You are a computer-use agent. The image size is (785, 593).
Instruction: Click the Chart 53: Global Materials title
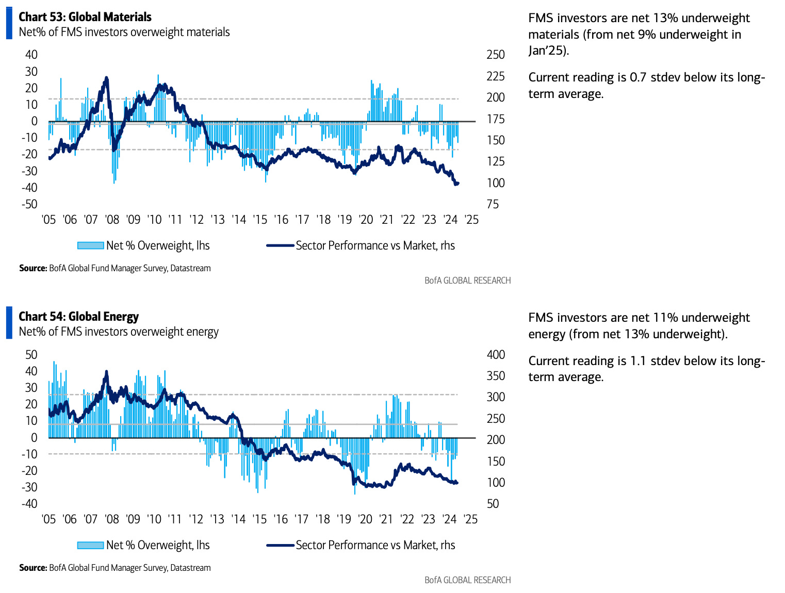coord(85,17)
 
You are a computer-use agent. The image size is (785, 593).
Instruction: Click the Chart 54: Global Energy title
coord(78,317)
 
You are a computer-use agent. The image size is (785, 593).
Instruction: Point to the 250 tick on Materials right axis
coord(496,55)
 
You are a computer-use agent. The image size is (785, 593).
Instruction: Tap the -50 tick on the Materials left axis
coord(30,204)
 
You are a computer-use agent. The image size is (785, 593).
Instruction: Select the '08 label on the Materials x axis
coord(112,220)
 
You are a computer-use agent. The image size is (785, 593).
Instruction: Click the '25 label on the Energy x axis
coord(470,519)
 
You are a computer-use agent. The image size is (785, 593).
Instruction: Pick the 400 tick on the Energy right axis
coord(496,355)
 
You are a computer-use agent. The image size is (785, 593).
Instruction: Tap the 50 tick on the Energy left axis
coord(31,355)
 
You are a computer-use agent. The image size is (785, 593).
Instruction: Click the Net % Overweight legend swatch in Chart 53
coord(90,246)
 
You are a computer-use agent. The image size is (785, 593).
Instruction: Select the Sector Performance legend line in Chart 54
coord(280,546)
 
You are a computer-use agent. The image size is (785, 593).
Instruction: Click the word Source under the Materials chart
coord(32,268)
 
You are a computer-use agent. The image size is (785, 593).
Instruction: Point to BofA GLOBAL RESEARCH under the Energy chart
coord(467,580)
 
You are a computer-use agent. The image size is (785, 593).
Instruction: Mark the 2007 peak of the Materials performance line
coord(107,78)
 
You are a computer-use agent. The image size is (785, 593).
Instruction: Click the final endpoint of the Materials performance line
coord(458,183)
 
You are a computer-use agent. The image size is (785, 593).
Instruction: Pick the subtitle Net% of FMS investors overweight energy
coord(119,332)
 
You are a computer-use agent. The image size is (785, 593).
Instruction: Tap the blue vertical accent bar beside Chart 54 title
coord(9,323)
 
